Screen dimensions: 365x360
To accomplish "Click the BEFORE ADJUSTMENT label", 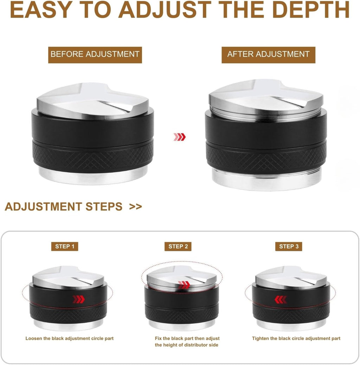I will click(x=95, y=54).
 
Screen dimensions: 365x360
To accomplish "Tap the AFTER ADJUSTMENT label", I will click(x=268, y=54).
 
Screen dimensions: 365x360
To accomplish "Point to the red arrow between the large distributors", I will click(x=179, y=137).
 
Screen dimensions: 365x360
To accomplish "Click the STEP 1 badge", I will click(x=65, y=246).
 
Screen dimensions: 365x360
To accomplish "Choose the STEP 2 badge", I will click(x=178, y=246).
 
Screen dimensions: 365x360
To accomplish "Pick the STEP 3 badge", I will click(x=289, y=246).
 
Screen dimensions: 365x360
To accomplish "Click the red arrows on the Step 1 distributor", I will click(x=79, y=299).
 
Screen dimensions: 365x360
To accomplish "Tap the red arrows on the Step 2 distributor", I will click(x=184, y=285).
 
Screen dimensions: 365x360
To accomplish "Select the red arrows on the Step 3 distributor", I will click(x=281, y=299).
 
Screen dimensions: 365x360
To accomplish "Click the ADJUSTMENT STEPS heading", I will click(x=64, y=207).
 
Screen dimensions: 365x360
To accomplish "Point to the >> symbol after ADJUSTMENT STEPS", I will click(x=135, y=207).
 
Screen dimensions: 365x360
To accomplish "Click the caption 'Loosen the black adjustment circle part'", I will click(x=70, y=339).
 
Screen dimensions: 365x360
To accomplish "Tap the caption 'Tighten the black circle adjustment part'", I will click(x=296, y=339).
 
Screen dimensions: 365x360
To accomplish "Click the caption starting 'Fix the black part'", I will click(x=187, y=342).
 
